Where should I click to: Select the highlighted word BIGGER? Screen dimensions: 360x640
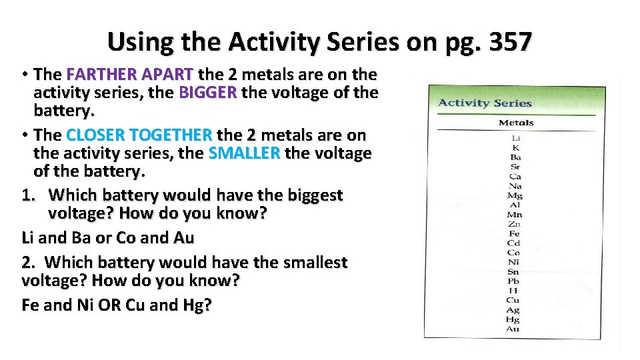click(x=207, y=92)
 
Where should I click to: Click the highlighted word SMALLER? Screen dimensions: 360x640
click(x=243, y=153)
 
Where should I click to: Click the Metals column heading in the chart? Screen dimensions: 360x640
click(x=516, y=123)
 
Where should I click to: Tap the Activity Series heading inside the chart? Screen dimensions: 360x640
click(x=485, y=103)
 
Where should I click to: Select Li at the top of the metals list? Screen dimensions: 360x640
click(x=516, y=138)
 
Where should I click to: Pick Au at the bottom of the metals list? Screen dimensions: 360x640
click(x=513, y=329)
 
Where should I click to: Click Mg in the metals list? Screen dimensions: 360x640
click(x=514, y=195)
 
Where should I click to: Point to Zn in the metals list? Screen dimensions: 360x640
click(x=514, y=224)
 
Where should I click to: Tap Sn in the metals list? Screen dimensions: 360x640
click(x=513, y=272)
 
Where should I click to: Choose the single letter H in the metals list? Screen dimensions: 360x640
click(x=513, y=291)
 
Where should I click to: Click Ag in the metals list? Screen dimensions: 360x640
click(x=513, y=310)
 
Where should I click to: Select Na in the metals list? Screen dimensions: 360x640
click(x=515, y=186)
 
